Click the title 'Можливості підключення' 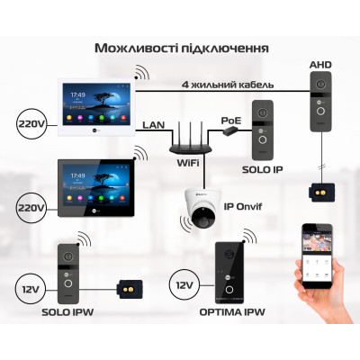coord(179,46)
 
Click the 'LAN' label coord(152,124)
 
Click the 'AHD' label coord(321,66)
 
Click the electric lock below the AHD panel coord(321,191)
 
